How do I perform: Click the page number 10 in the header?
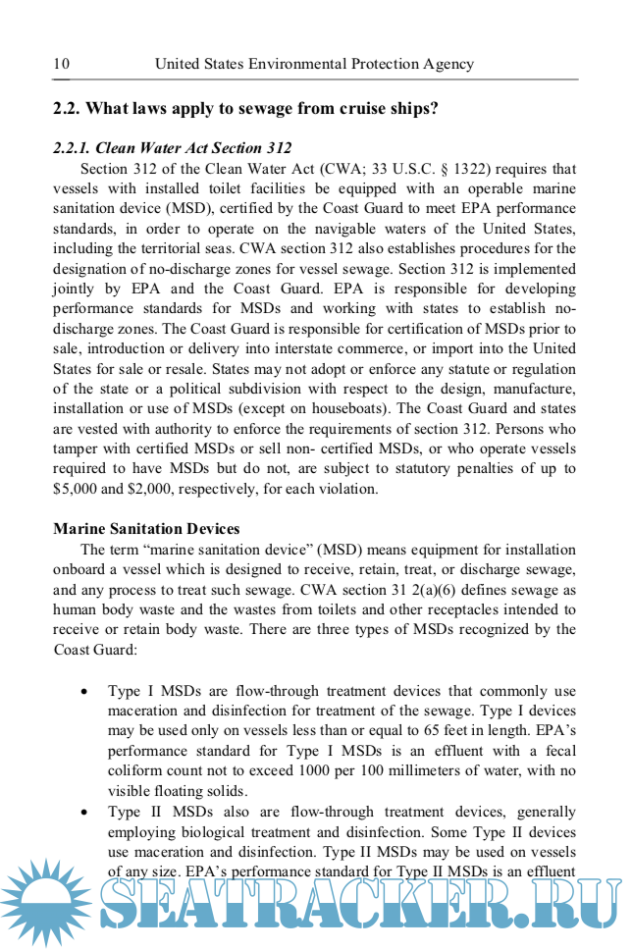point(61,64)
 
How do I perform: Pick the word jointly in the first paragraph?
point(75,289)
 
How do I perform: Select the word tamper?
point(76,448)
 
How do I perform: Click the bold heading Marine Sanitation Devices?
point(146,529)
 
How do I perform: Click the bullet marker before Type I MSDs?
point(86,692)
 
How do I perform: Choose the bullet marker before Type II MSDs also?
point(86,813)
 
